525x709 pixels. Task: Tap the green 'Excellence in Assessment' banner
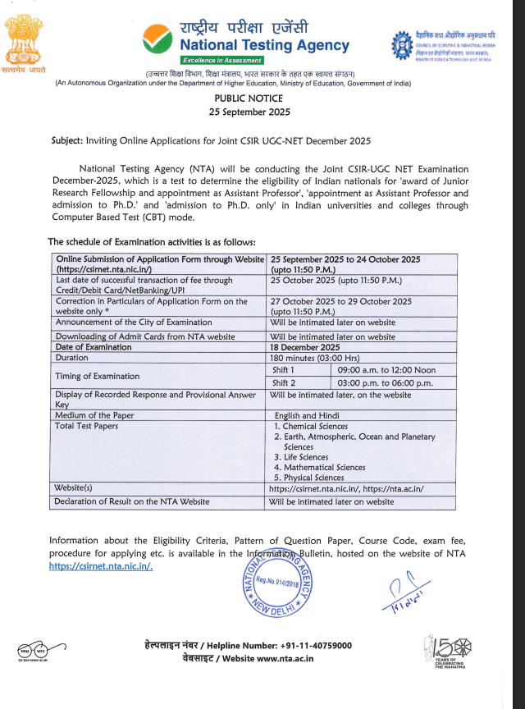point(222,60)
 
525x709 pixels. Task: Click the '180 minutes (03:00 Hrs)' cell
point(314,359)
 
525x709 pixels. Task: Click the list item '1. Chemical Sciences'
point(311,427)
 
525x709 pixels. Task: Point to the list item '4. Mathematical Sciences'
point(320,467)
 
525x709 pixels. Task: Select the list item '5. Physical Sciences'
point(309,478)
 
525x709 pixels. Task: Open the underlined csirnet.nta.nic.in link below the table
point(101,566)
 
